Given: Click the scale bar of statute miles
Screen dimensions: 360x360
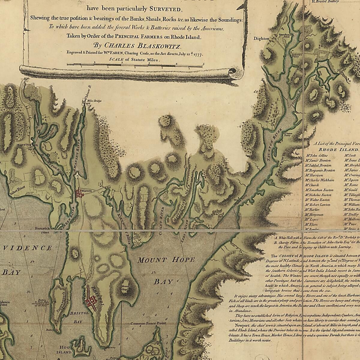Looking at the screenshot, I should pyautogui.click(x=135, y=64).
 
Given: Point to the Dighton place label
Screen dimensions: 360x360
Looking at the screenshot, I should pyautogui.click(x=261, y=39).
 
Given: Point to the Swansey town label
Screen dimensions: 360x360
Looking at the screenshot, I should pyautogui.click(x=272, y=116).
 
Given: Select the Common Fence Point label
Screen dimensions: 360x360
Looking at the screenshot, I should pyautogui.click(x=148, y=324).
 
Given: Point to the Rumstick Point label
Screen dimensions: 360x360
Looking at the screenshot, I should pyautogui.click(x=42, y=230).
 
